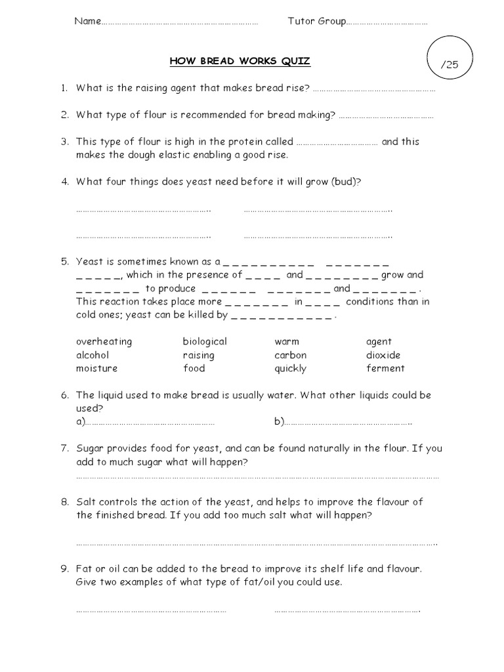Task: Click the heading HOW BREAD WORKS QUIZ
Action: [240, 62]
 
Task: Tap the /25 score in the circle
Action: [450, 64]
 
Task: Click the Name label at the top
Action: [87, 21]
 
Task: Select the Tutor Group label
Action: [316, 21]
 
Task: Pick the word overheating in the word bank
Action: [104, 342]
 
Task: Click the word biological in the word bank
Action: [205, 342]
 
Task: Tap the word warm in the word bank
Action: [287, 342]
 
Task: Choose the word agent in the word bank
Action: [379, 342]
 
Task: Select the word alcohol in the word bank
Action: [93, 355]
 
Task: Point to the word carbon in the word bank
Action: [290, 355]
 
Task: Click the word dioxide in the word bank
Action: [383, 355]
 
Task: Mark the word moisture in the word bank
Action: [96, 368]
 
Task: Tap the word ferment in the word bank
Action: [385, 368]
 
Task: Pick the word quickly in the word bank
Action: [290, 369]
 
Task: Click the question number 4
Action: [65, 182]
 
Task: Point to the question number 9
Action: [65, 569]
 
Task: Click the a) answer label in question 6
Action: [81, 422]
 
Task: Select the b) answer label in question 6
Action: [279, 422]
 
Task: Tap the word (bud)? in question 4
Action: [346, 182]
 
